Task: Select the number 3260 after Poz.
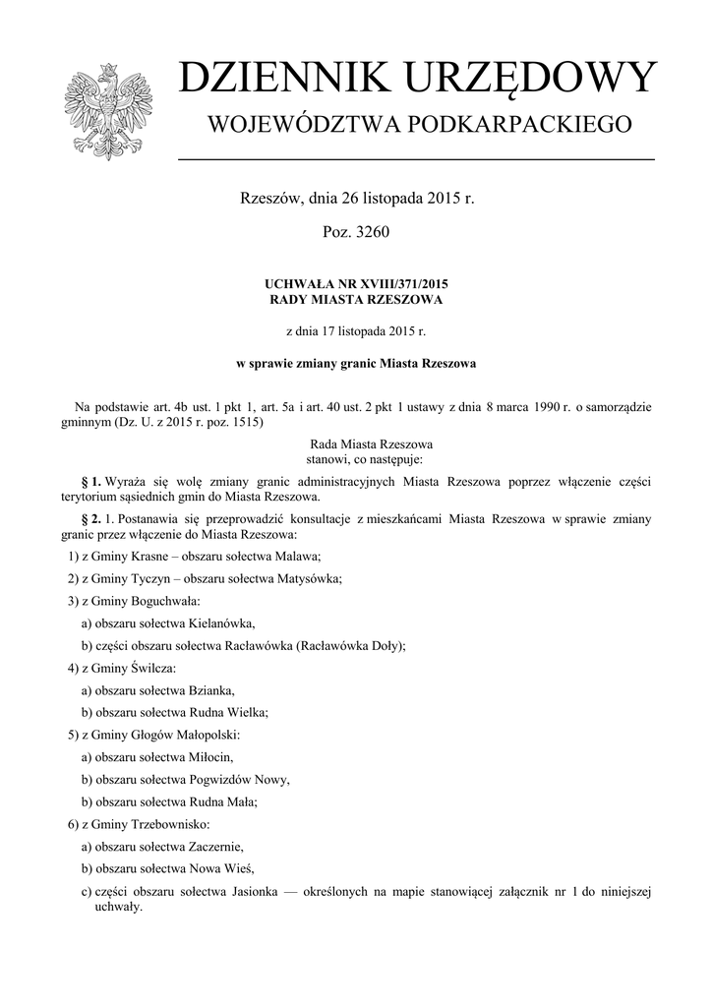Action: [374, 233]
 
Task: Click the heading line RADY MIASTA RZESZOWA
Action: [357, 299]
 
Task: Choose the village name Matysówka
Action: [311, 578]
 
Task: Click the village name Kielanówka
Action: [221, 623]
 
